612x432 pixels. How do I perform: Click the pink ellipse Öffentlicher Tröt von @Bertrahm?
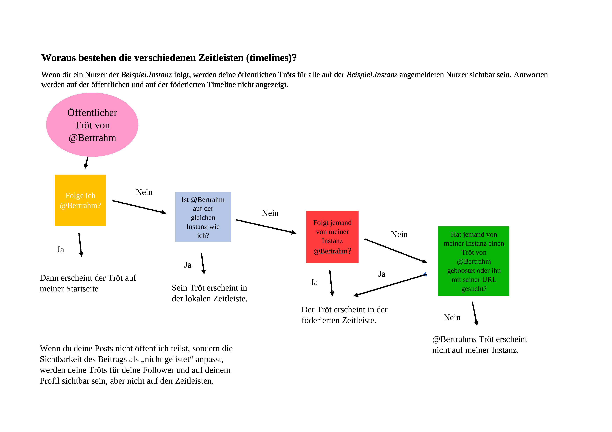(x=92, y=125)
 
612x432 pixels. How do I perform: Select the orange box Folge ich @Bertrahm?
(x=80, y=200)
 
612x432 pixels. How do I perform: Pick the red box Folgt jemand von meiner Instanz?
(x=332, y=237)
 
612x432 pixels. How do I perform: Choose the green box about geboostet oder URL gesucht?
(x=474, y=261)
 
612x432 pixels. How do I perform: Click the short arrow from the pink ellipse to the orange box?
(x=86, y=163)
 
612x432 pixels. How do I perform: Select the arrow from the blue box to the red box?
(x=266, y=226)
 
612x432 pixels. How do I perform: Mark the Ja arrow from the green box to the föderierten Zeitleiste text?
(x=390, y=285)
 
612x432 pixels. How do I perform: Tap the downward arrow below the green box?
(x=475, y=313)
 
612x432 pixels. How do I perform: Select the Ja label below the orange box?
(x=60, y=250)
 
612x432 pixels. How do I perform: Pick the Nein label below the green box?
(x=452, y=318)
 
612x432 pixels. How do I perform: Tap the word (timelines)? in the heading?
(x=271, y=58)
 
